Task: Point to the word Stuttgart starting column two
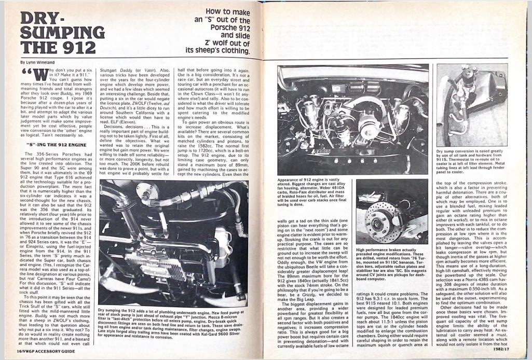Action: (x=109, y=68)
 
